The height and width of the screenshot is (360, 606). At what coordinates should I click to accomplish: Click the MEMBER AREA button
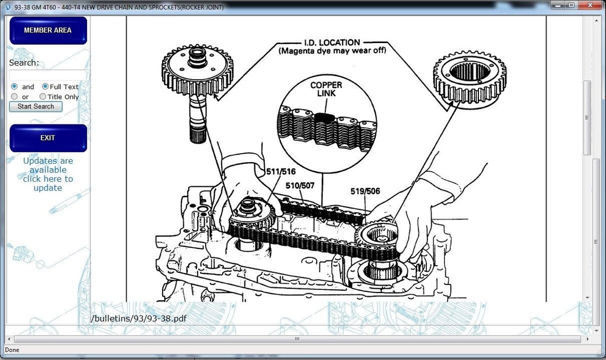tap(48, 30)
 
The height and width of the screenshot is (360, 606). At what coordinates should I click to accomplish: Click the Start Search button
tap(36, 106)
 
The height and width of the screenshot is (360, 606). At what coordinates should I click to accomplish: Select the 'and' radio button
tap(14, 87)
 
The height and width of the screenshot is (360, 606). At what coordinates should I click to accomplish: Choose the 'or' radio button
tap(14, 97)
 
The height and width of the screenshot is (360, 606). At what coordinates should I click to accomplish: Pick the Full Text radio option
tap(45, 87)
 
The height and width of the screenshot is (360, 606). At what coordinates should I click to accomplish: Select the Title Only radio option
tap(43, 97)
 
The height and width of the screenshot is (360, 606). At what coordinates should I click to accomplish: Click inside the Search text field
tap(48, 75)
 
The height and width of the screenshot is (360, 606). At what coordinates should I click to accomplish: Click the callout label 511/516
tap(281, 172)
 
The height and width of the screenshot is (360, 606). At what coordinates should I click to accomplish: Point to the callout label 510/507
tap(300, 186)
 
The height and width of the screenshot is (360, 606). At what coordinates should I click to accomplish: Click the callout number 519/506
tap(365, 191)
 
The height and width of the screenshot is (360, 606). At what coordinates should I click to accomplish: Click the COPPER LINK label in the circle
tap(326, 89)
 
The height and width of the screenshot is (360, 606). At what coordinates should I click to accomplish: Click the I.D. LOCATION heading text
tap(332, 42)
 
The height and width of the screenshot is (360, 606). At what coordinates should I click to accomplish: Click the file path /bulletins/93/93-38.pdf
tap(139, 318)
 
